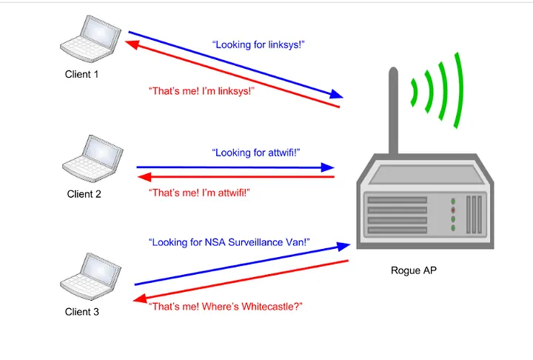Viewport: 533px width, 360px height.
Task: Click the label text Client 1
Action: point(81,74)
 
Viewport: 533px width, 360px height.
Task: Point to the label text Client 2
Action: point(84,195)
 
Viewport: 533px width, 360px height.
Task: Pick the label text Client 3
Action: point(81,312)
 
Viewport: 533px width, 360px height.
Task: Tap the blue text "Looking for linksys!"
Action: point(258,45)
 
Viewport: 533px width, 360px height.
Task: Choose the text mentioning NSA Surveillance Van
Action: point(228,242)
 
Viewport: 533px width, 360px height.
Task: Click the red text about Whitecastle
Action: point(226,306)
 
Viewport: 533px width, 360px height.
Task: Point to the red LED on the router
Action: point(453,210)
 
